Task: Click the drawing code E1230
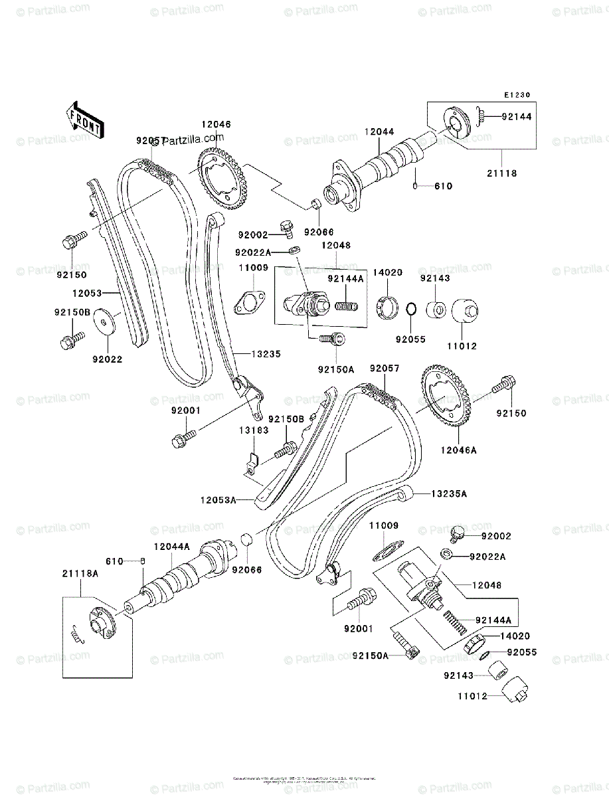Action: pyautogui.click(x=518, y=95)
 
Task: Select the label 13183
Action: pyautogui.click(x=254, y=430)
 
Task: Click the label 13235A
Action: pyautogui.click(x=450, y=493)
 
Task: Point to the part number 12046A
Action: pyautogui.click(x=459, y=450)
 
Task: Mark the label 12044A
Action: pyautogui.click(x=172, y=546)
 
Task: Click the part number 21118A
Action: pyautogui.click(x=80, y=573)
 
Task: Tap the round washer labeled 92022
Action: pyautogui.click(x=105, y=321)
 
